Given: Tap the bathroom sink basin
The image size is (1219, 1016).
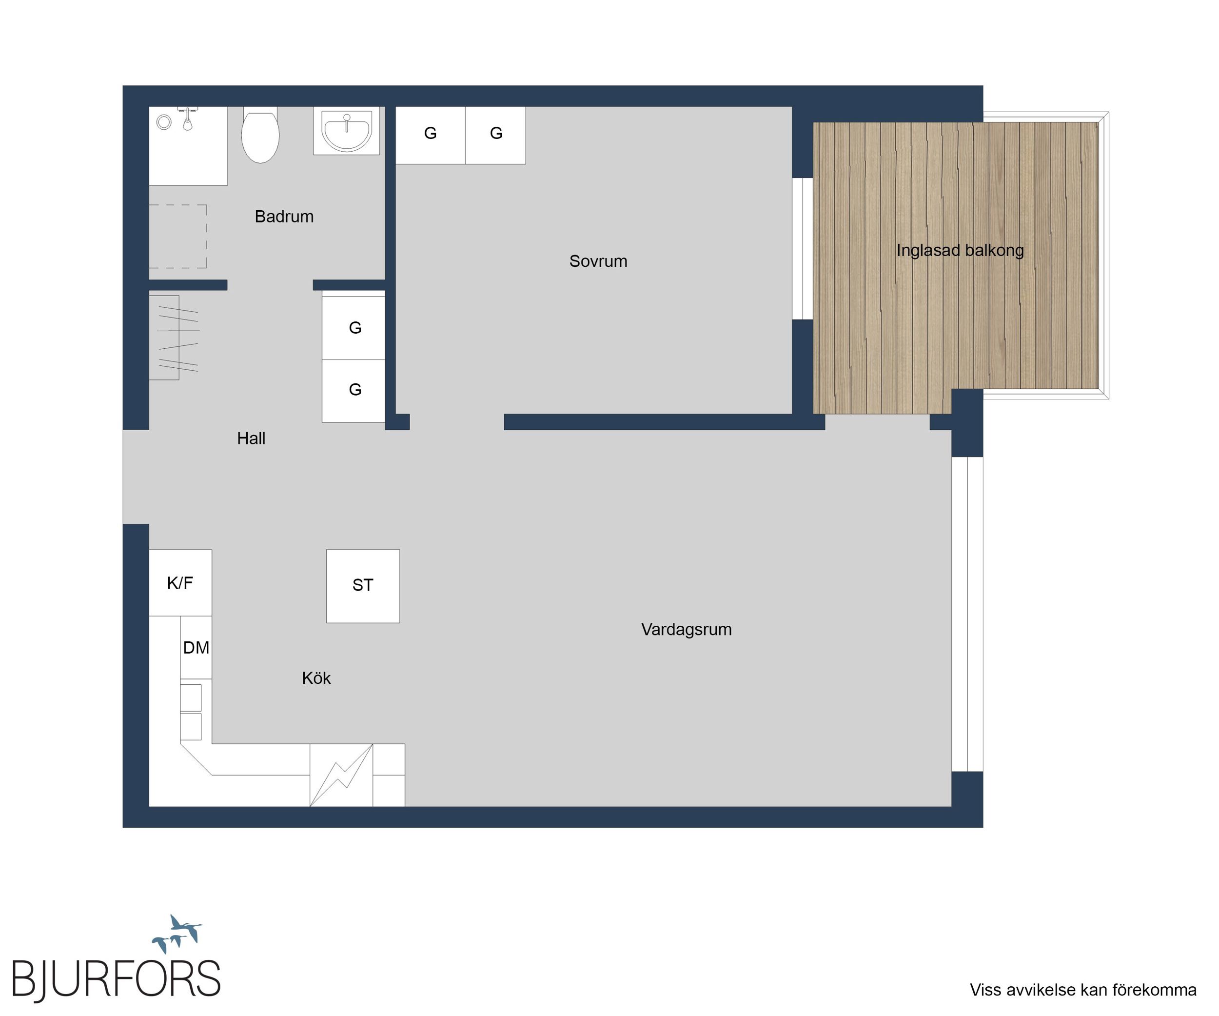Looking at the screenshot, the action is click(347, 132).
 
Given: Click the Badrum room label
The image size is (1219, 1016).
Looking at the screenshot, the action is click(284, 217).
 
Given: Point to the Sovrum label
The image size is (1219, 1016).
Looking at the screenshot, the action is click(598, 261).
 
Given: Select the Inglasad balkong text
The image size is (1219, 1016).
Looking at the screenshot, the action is click(960, 250).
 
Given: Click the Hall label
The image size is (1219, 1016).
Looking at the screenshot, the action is click(251, 438).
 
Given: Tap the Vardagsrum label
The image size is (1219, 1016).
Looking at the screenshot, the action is click(686, 629).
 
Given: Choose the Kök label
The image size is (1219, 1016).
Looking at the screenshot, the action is click(316, 678).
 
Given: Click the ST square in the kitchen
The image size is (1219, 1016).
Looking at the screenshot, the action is click(363, 586).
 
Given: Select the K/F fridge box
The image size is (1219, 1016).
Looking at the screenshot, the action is click(180, 583).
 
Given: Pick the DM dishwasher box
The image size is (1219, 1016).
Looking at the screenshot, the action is click(196, 647).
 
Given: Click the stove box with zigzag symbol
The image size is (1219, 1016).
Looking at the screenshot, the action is click(341, 775).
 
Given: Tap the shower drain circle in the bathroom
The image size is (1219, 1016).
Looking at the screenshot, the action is click(164, 122).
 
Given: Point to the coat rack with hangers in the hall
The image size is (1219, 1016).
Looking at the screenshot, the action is click(174, 338).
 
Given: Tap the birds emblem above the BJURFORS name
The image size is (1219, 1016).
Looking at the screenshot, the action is click(177, 934).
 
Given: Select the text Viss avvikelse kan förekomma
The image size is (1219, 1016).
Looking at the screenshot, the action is click(1083, 990).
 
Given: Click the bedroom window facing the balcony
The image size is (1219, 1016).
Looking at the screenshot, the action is click(802, 248).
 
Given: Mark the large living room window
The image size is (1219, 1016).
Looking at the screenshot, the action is click(967, 614).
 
